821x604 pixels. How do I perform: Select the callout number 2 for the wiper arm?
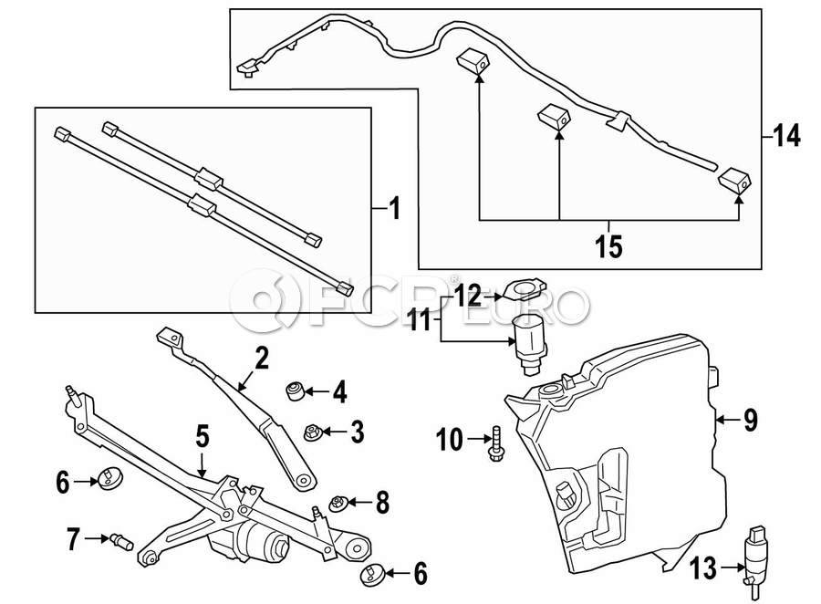tap(262, 359)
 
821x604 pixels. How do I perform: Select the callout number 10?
tap(450, 441)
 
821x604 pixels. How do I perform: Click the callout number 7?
tap(72, 539)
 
